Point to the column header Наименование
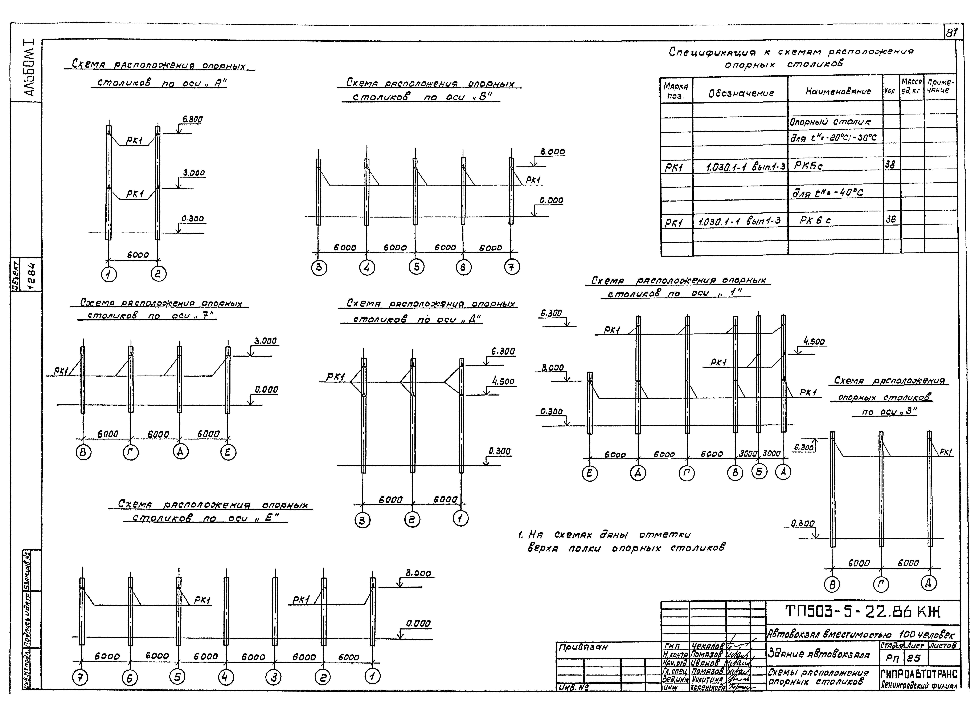tap(838, 91)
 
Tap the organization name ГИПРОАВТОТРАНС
tap(918, 674)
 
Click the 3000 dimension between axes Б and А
tap(771, 454)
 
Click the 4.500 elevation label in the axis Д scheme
tap(503, 381)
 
